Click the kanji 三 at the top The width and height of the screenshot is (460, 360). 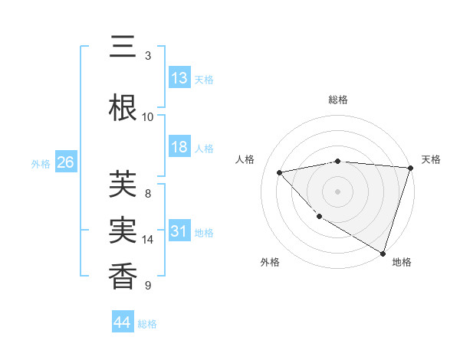123,48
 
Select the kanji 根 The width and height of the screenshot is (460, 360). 123,107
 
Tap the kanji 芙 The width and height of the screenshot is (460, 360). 123,184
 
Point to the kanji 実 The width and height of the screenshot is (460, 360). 123,231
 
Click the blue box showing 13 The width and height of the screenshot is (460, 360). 179,78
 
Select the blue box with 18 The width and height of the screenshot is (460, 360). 179,147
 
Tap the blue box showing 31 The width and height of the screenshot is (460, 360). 179,231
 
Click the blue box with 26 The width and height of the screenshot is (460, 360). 65,162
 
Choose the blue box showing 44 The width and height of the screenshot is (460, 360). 122,322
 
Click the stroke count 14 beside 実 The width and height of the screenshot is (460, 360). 148,240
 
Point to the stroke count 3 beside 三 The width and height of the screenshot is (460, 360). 148,56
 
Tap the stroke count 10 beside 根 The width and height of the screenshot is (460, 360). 148,116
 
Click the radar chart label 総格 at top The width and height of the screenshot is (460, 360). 337,100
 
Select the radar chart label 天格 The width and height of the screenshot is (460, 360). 431,159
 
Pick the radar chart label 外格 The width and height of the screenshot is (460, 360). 270,262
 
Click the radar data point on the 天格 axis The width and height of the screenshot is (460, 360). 410,168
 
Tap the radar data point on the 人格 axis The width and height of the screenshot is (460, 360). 280,172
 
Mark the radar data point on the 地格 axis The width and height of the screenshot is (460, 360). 383,253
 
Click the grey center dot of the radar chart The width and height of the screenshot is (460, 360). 337,191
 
